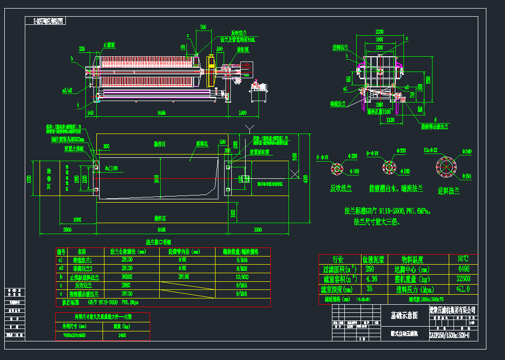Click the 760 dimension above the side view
click(x=203, y=28)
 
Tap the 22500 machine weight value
click(x=464, y=279)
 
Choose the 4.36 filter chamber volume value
click(x=371, y=279)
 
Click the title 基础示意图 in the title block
click(x=404, y=315)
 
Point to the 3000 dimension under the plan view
click(x=258, y=229)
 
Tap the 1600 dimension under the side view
click(x=242, y=113)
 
